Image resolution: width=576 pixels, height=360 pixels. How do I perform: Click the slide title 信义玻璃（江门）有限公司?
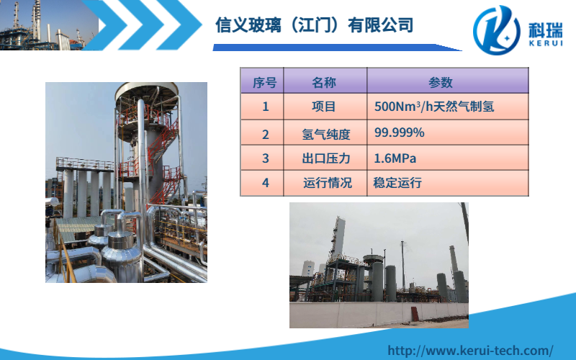[315, 25]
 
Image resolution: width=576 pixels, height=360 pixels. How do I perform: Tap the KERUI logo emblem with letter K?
[497, 30]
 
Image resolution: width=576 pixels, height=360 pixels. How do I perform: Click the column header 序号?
[264, 82]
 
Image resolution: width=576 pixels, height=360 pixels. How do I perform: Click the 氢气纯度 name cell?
[326, 134]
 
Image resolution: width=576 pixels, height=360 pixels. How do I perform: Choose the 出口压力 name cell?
[326, 158]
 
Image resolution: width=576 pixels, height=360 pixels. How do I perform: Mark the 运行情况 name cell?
[328, 183]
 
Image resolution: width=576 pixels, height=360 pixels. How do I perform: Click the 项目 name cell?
[323, 107]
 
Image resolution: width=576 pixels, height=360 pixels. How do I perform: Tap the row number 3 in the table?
[265, 158]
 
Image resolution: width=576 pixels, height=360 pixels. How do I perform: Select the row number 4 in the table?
[265, 183]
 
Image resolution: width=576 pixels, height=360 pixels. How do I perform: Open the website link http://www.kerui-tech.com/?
[470, 350]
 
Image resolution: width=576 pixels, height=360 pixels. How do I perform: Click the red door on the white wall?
[415, 314]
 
